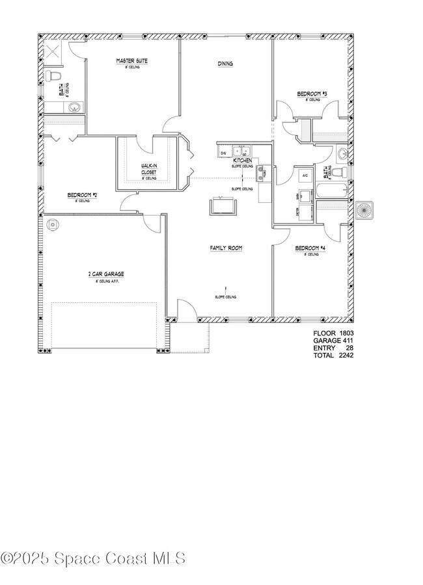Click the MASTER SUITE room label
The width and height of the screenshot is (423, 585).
click(x=132, y=61)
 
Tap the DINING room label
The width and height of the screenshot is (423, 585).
click(x=225, y=64)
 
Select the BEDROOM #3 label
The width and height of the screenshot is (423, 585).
click(x=312, y=94)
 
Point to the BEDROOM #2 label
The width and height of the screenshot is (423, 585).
click(x=82, y=195)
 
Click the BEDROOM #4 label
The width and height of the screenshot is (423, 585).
click(x=309, y=248)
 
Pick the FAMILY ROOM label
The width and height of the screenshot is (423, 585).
click(x=226, y=248)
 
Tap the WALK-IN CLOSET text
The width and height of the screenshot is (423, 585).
click(x=149, y=169)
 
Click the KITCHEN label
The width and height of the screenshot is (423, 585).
click(x=243, y=160)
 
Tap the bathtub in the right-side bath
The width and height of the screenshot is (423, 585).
click(x=333, y=192)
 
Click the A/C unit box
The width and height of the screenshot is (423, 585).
click(x=304, y=176)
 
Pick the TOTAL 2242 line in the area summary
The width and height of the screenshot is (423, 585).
click(x=333, y=355)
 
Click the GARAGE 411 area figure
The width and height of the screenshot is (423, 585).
click(x=333, y=340)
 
